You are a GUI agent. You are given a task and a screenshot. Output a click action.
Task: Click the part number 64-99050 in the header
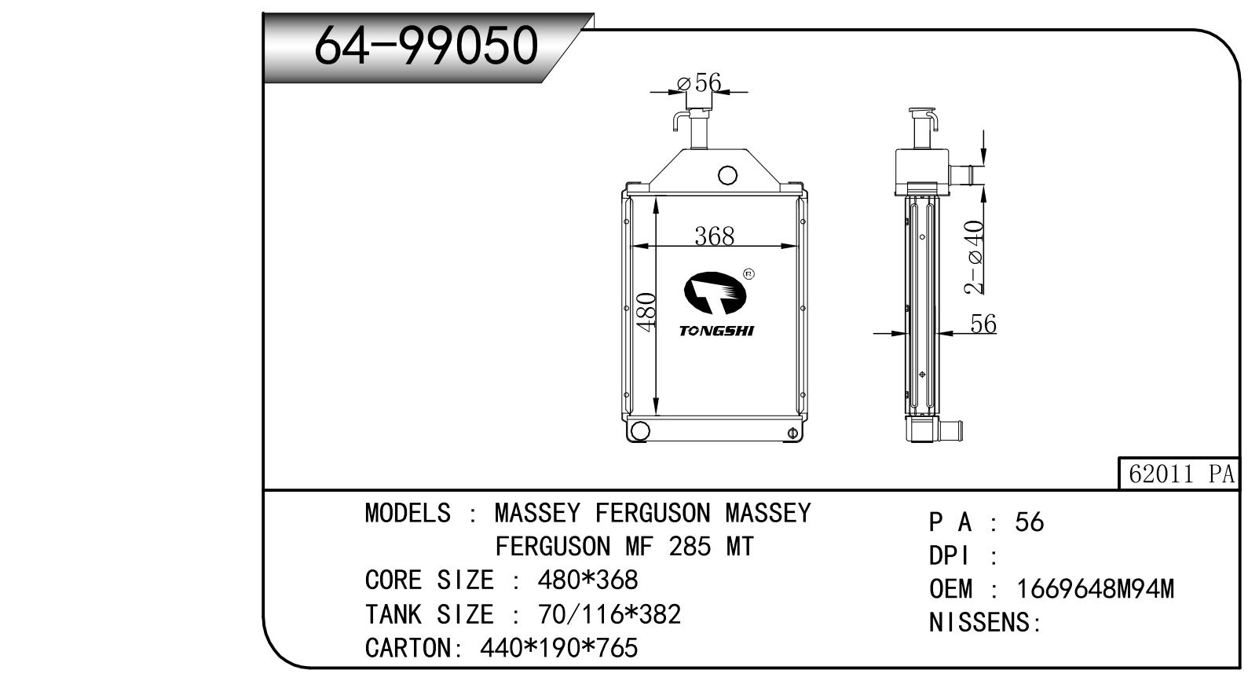[x=426, y=46]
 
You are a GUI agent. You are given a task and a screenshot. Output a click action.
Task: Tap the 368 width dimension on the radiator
[x=714, y=236]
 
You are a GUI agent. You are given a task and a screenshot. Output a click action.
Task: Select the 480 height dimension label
[x=646, y=312]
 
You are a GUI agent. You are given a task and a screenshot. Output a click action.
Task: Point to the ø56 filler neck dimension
[x=699, y=82]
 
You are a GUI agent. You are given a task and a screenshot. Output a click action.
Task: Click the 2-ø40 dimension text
[x=974, y=257]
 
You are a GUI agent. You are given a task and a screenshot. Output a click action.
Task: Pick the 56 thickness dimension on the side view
[x=983, y=324]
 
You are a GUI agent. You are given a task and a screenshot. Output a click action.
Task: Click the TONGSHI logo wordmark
[x=716, y=331]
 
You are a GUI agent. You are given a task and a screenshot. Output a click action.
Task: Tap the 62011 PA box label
[x=1180, y=474]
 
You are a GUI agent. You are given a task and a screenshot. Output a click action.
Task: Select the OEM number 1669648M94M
[x=1095, y=588]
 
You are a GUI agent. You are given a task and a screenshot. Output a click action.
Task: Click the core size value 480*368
[x=587, y=580]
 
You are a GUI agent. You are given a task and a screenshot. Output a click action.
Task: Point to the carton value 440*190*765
[x=558, y=648]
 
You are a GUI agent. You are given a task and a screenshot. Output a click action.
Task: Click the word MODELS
[x=408, y=513]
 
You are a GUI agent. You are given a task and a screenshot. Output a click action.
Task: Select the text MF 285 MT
[x=689, y=546]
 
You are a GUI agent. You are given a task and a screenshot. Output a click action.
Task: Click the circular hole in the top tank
[x=727, y=175]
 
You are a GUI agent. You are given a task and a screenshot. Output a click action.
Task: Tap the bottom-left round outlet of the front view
[x=639, y=430]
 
